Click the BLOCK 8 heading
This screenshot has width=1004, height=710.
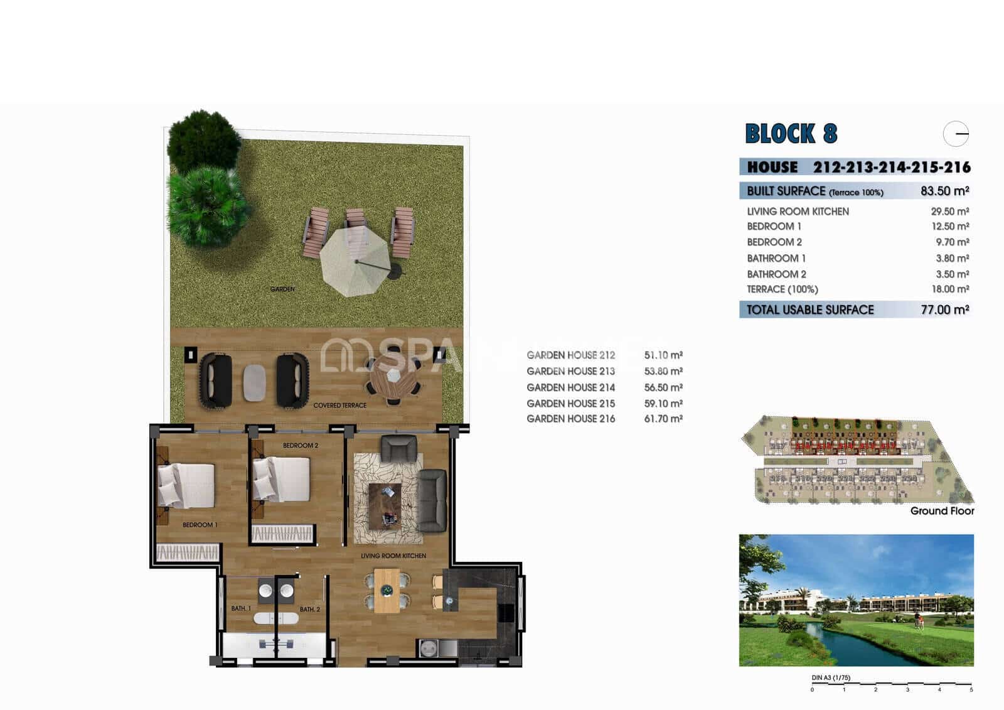pos(791,134)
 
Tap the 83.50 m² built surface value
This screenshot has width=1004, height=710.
pos(944,191)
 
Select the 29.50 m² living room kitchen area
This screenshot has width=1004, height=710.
pos(949,212)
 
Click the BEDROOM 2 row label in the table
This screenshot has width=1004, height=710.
pos(774,242)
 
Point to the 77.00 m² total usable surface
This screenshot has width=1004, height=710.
pos(944,309)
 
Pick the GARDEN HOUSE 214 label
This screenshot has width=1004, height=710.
pos(570,387)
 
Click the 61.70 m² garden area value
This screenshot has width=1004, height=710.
pos(663,419)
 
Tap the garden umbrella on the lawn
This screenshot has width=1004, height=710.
pos(355,261)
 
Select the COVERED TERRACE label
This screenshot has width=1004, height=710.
pos(339,406)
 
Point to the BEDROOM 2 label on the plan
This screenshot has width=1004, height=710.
pos(300,446)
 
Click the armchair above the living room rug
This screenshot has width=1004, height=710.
pos(398,448)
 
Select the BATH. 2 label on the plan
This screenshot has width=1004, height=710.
pos(309,610)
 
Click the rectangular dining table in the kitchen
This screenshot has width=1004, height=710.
pos(387,591)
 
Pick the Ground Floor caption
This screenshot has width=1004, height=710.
pos(942,511)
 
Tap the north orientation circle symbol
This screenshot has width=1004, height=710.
pos(956,134)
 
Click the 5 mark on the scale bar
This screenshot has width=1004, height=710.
pos(971,690)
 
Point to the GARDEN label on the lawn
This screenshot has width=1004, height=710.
pos(282,289)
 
